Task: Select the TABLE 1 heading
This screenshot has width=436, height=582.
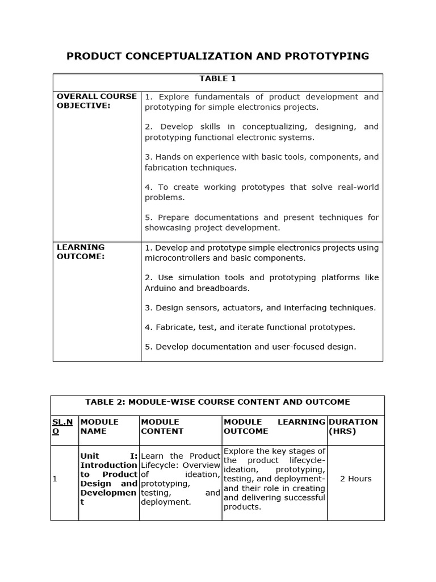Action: tap(217, 78)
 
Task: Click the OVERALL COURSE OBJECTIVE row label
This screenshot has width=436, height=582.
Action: tap(97, 101)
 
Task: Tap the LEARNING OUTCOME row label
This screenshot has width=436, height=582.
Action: tap(81, 252)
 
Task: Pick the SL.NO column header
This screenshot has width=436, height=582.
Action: tap(62, 426)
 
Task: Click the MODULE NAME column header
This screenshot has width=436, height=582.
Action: tap(99, 426)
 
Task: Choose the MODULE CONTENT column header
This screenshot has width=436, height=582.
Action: tap(162, 426)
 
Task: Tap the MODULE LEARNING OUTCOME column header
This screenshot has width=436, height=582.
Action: tap(274, 426)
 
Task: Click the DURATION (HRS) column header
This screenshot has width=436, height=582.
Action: tap(353, 426)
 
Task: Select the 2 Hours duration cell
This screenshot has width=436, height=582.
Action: tap(355, 479)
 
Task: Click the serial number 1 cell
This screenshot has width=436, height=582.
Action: tap(55, 479)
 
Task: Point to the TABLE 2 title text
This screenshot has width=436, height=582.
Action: tap(217, 402)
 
